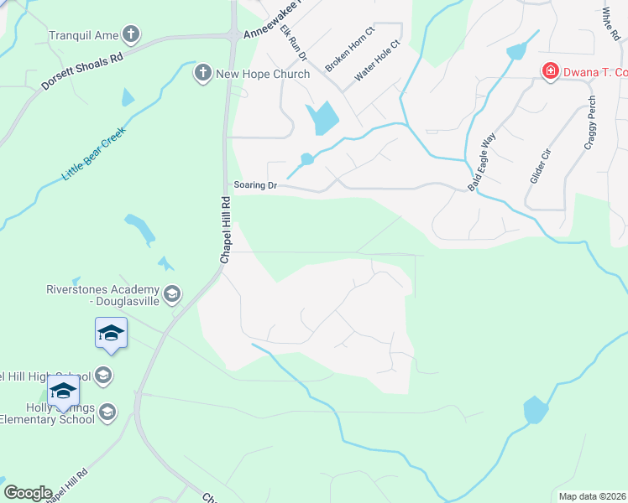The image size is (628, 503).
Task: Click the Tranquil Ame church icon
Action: click(130, 34)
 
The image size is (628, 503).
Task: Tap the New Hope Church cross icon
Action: click(202, 74)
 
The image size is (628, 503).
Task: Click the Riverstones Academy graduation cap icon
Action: click(172, 293)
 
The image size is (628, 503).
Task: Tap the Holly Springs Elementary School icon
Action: click(107, 411)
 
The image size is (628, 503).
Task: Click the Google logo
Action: click(28, 493)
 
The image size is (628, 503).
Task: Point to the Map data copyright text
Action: click(593, 496)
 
